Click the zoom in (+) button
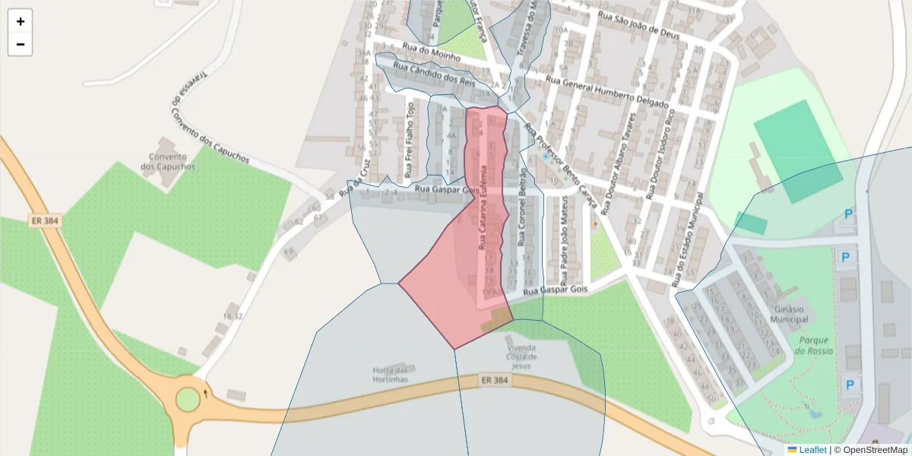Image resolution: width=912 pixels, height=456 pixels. pyautogui.click(x=21, y=21)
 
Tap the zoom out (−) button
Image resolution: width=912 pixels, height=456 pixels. pyautogui.click(x=21, y=44)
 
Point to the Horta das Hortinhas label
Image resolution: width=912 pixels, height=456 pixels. pyautogui.click(x=391, y=374)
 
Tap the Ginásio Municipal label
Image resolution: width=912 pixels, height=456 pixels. pyautogui.click(x=790, y=315)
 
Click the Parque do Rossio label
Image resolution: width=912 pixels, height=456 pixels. pyautogui.click(x=813, y=346)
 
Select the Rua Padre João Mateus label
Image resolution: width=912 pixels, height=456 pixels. pyautogui.click(x=565, y=228)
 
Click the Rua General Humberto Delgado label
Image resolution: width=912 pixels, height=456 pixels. pyautogui.click(x=607, y=92)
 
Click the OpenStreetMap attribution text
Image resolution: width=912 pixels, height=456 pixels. pyautogui.click(x=874, y=450)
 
